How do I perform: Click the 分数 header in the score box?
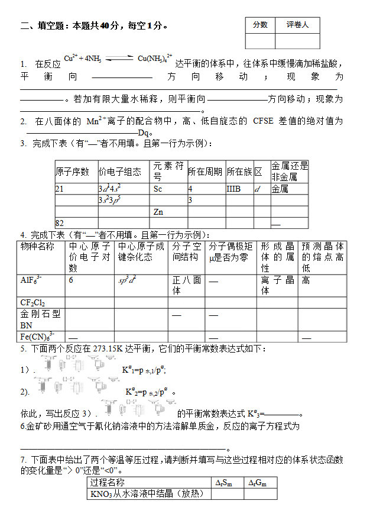tap(260, 25)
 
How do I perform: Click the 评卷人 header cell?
tap(297, 25)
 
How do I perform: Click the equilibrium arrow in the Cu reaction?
tap(118, 59)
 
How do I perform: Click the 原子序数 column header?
tap(72, 172)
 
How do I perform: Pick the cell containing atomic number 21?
tap(59, 189)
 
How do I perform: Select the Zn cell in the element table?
tap(158, 211)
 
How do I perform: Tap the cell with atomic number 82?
tap(59, 222)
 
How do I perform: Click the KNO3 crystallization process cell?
tap(149, 494)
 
